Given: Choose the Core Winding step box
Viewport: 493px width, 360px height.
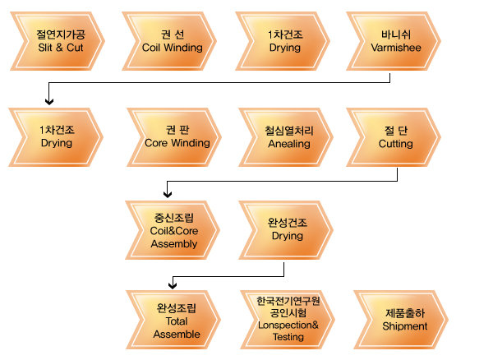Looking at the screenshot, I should coord(176,136).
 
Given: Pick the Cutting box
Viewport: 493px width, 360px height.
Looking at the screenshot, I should coord(394,136).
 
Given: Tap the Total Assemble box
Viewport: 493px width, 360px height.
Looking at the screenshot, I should coord(176,321).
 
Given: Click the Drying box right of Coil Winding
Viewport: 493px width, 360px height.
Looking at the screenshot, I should coord(283,41).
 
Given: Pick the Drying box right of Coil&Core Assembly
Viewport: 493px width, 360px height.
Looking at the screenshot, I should coord(287,229).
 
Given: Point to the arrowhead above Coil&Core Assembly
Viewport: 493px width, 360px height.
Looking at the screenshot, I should coord(168,195).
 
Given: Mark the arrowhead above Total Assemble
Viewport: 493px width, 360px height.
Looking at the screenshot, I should coord(173,285).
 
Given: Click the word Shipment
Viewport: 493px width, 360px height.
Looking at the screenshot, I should coord(404,326).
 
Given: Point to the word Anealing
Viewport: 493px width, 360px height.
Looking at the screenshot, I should coord(289,143).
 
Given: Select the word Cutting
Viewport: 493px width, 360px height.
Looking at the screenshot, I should coord(395,143).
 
